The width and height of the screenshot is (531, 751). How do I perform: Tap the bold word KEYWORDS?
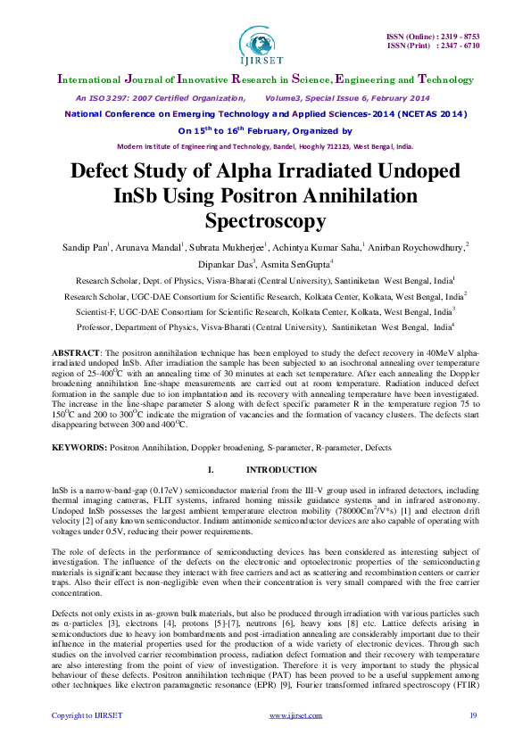[x=79, y=446]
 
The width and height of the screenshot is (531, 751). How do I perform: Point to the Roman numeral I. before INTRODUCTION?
[x=210, y=469]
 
